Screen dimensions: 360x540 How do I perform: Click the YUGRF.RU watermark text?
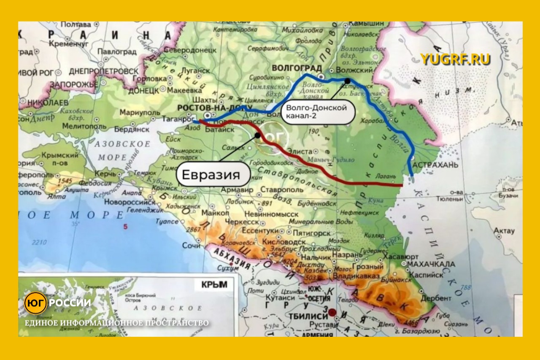coord(455,60)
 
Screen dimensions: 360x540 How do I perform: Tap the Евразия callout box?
coord(213,174)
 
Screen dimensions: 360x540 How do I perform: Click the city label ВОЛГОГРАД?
coord(297,68)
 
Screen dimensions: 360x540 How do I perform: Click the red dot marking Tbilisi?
coord(333,313)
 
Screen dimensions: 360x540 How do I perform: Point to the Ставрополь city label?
coord(282,190)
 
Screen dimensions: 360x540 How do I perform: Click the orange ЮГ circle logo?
coord(35,303)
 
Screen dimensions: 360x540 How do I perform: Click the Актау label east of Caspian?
coord(504,231)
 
